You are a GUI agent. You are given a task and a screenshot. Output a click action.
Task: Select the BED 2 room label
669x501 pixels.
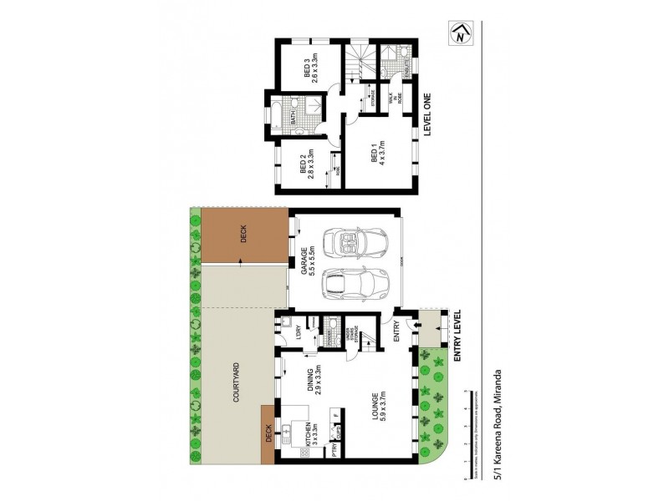click(x=306, y=164)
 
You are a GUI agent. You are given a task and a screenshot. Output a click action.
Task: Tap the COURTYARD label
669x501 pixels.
click(x=236, y=387)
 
